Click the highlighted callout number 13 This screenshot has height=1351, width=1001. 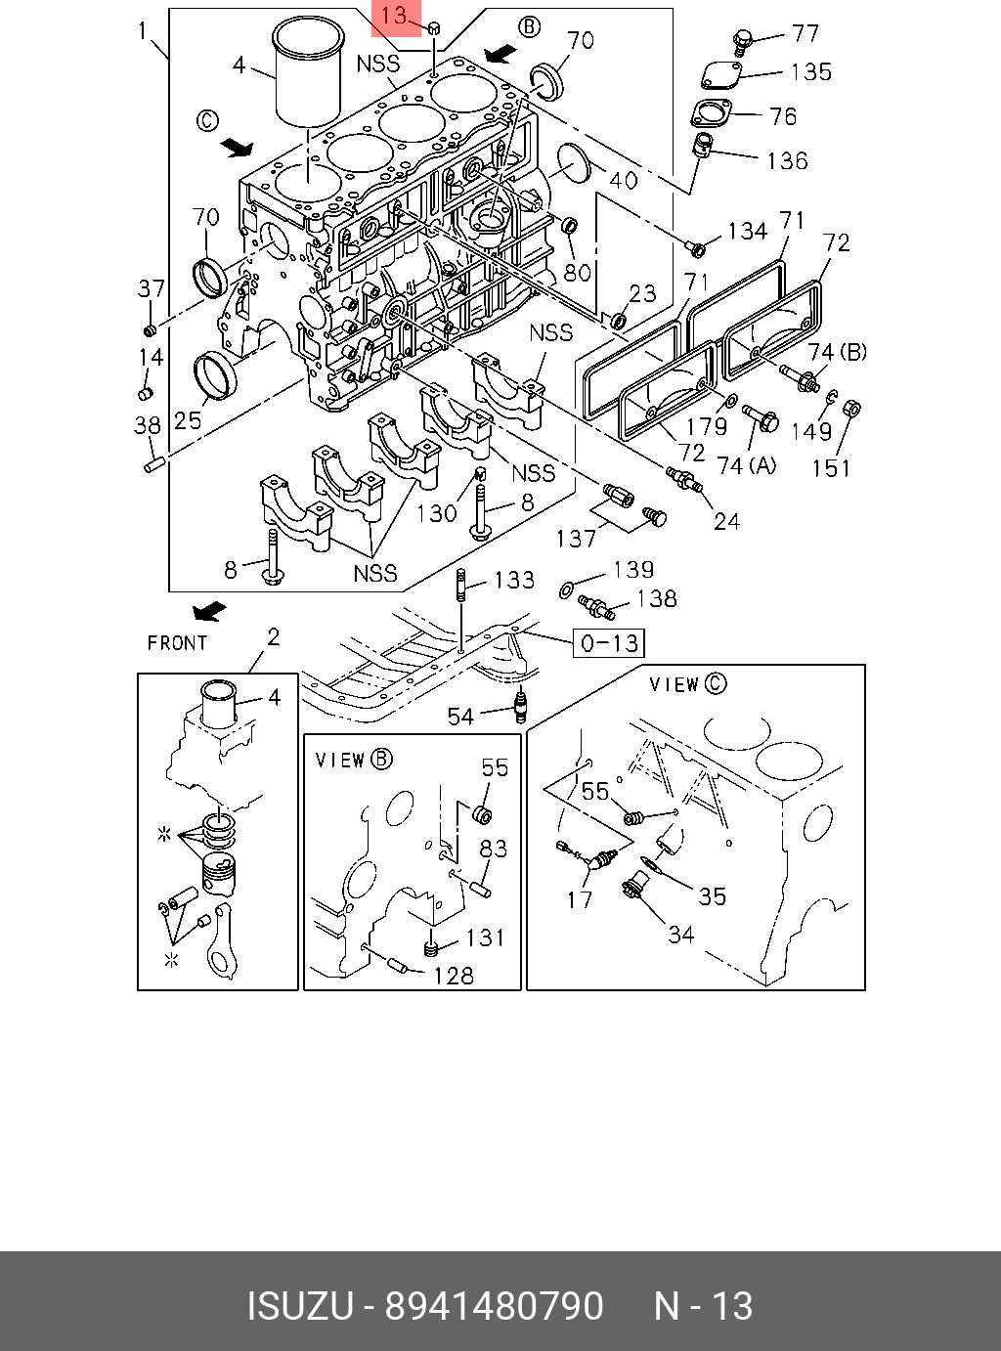click(x=395, y=17)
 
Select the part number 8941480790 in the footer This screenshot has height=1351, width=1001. click(x=494, y=1306)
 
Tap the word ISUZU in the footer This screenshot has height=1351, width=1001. click(x=299, y=1306)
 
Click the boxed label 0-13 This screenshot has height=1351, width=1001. click(x=608, y=642)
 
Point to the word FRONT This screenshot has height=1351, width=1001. click(x=177, y=642)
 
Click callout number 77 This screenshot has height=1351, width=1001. click(x=805, y=33)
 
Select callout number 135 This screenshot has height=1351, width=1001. click(x=810, y=71)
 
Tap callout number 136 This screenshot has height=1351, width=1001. click(x=787, y=159)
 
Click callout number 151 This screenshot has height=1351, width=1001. click(x=831, y=468)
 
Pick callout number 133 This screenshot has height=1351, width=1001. click(x=514, y=581)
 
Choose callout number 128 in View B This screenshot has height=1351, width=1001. click(x=453, y=975)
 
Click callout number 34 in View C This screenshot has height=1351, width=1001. click(x=680, y=935)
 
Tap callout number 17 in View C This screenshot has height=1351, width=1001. click(x=580, y=898)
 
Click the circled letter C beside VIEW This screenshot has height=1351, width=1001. click(x=717, y=683)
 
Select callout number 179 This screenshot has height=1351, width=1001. click(x=706, y=426)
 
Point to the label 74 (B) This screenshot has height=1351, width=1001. click(x=838, y=352)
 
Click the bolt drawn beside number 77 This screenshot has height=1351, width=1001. click(x=742, y=41)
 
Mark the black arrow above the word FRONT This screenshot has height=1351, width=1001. click(x=209, y=612)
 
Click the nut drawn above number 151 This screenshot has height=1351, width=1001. click(x=849, y=406)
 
